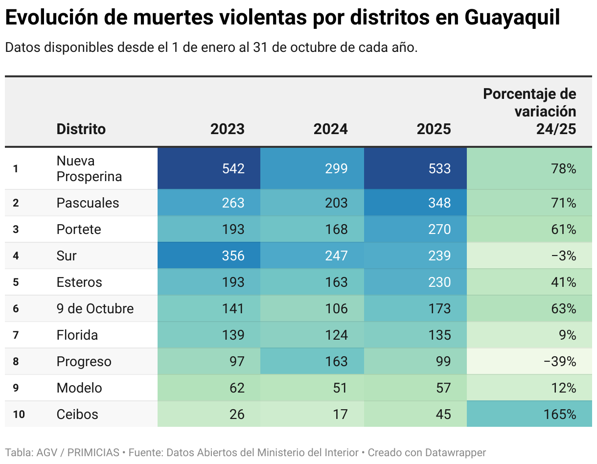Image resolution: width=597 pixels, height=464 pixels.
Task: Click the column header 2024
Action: point(330,129)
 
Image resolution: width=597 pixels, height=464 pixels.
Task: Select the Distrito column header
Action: point(81,129)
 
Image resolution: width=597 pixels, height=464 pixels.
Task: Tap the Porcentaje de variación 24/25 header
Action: point(529,111)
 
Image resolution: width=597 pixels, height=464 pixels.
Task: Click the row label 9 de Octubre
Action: point(95,308)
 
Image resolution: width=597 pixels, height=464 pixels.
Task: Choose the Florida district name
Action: point(77,335)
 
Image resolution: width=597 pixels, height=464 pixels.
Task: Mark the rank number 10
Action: point(19,414)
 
